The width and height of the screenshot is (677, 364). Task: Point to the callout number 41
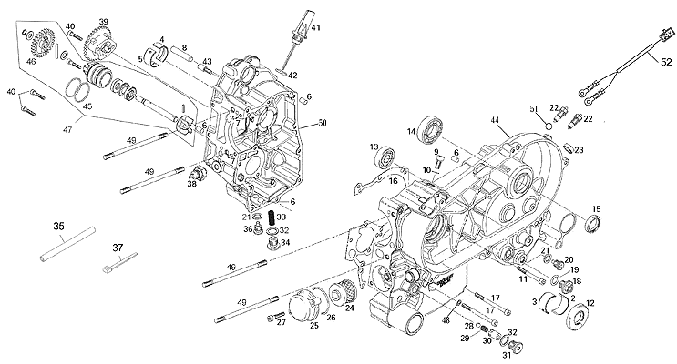tap(316, 28)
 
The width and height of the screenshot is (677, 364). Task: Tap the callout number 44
tap(495, 121)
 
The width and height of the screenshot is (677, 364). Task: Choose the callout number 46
tap(30, 61)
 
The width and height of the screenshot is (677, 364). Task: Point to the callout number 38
tap(191, 183)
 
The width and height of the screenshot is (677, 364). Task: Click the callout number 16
tap(394, 181)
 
